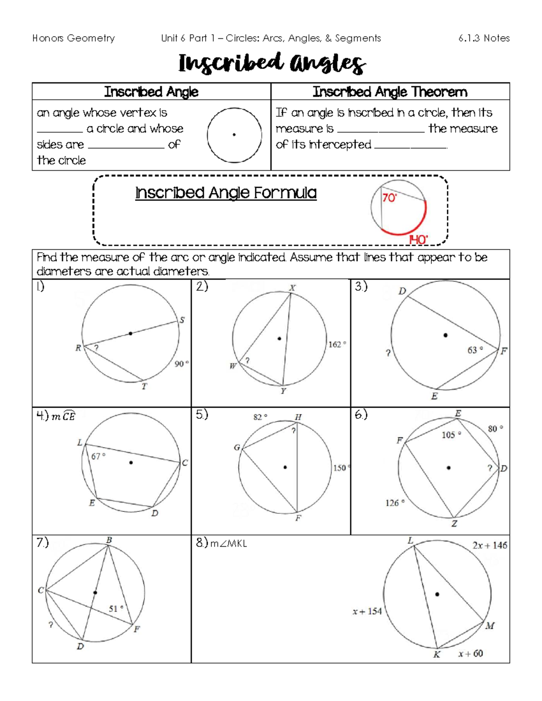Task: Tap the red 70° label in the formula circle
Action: point(389,198)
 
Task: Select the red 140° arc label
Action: point(418,240)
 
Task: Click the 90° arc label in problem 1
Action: point(182,364)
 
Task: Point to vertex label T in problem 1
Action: point(144,386)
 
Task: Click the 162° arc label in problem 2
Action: point(337,344)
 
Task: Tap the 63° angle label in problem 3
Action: point(475,350)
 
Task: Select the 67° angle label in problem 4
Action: point(98,456)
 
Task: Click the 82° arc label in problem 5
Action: point(260,417)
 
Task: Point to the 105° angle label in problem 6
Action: point(451,435)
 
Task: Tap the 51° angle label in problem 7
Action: point(116,608)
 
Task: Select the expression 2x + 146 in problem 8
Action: point(490,545)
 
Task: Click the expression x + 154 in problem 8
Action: point(367,611)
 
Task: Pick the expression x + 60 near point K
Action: point(470,653)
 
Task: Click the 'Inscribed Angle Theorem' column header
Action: point(390,92)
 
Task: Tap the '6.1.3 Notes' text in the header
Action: point(484,38)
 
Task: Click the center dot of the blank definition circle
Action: point(234,135)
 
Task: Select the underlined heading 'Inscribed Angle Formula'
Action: point(226,193)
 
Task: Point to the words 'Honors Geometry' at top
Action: point(74,38)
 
